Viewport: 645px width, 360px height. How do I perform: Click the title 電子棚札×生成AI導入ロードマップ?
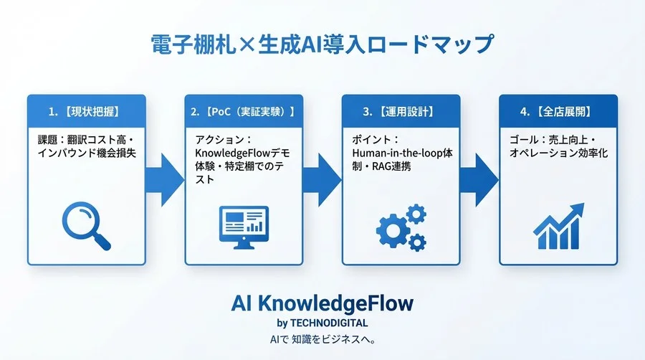(322, 44)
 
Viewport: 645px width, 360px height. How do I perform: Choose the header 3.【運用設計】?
(399, 112)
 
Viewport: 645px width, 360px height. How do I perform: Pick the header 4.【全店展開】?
(558, 112)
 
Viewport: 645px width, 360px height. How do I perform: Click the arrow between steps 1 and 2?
(165, 176)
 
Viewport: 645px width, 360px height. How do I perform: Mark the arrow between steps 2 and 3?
(322, 176)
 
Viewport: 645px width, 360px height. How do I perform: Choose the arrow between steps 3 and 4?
(479, 176)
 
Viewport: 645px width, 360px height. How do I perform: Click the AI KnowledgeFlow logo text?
(322, 303)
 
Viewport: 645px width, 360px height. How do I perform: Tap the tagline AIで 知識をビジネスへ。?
(322, 338)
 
